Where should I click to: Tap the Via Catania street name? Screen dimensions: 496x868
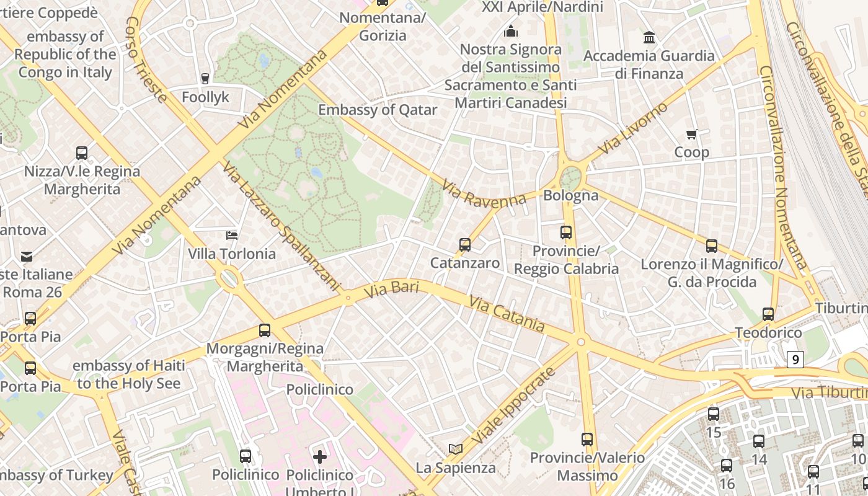[x=507, y=314]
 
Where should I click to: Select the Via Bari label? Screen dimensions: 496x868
[x=391, y=290]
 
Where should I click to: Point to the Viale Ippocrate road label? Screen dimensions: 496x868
[x=512, y=406]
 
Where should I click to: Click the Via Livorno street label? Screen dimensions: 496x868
[x=634, y=128]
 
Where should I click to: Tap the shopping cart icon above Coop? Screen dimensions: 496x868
[x=692, y=134]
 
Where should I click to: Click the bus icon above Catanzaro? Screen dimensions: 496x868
[x=465, y=245]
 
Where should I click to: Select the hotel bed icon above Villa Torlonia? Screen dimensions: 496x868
[x=231, y=236]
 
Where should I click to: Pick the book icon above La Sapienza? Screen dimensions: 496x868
[x=456, y=449]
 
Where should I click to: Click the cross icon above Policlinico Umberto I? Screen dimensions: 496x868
[x=320, y=457]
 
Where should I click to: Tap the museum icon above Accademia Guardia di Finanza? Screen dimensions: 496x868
[x=649, y=37]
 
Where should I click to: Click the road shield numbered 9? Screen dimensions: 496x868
[x=795, y=359]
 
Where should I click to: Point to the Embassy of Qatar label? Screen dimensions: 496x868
[x=378, y=110]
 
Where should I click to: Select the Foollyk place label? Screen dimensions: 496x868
[x=205, y=97]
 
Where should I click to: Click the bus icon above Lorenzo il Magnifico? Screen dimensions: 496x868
[x=712, y=246]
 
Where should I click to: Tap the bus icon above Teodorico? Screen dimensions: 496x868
[x=768, y=314]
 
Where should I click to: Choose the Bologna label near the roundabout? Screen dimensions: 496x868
[x=570, y=196]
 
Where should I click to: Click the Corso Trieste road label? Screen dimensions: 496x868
[x=146, y=59]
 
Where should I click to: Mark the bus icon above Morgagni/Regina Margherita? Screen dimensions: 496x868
[x=265, y=330]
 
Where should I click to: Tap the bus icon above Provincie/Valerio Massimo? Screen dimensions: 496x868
[x=587, y=440]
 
